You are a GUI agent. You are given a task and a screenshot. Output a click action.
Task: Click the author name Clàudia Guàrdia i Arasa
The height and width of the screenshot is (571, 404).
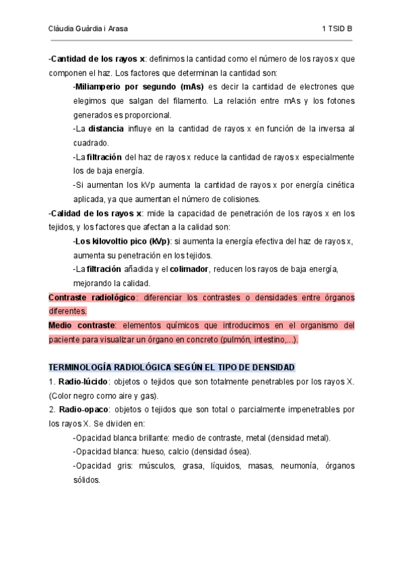[x=89, y=30]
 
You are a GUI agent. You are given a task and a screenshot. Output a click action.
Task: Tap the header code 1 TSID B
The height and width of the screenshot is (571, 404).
[x=337, y=30]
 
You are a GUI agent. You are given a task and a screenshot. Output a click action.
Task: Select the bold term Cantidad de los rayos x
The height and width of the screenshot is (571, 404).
[x=98, y=59]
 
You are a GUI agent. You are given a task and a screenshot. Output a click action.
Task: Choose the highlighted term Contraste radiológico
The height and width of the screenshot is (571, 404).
[x=92, y=297]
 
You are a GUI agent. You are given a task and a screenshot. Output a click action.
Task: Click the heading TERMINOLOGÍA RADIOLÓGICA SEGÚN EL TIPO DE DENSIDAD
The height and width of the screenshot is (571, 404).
[x=172, y=368]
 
